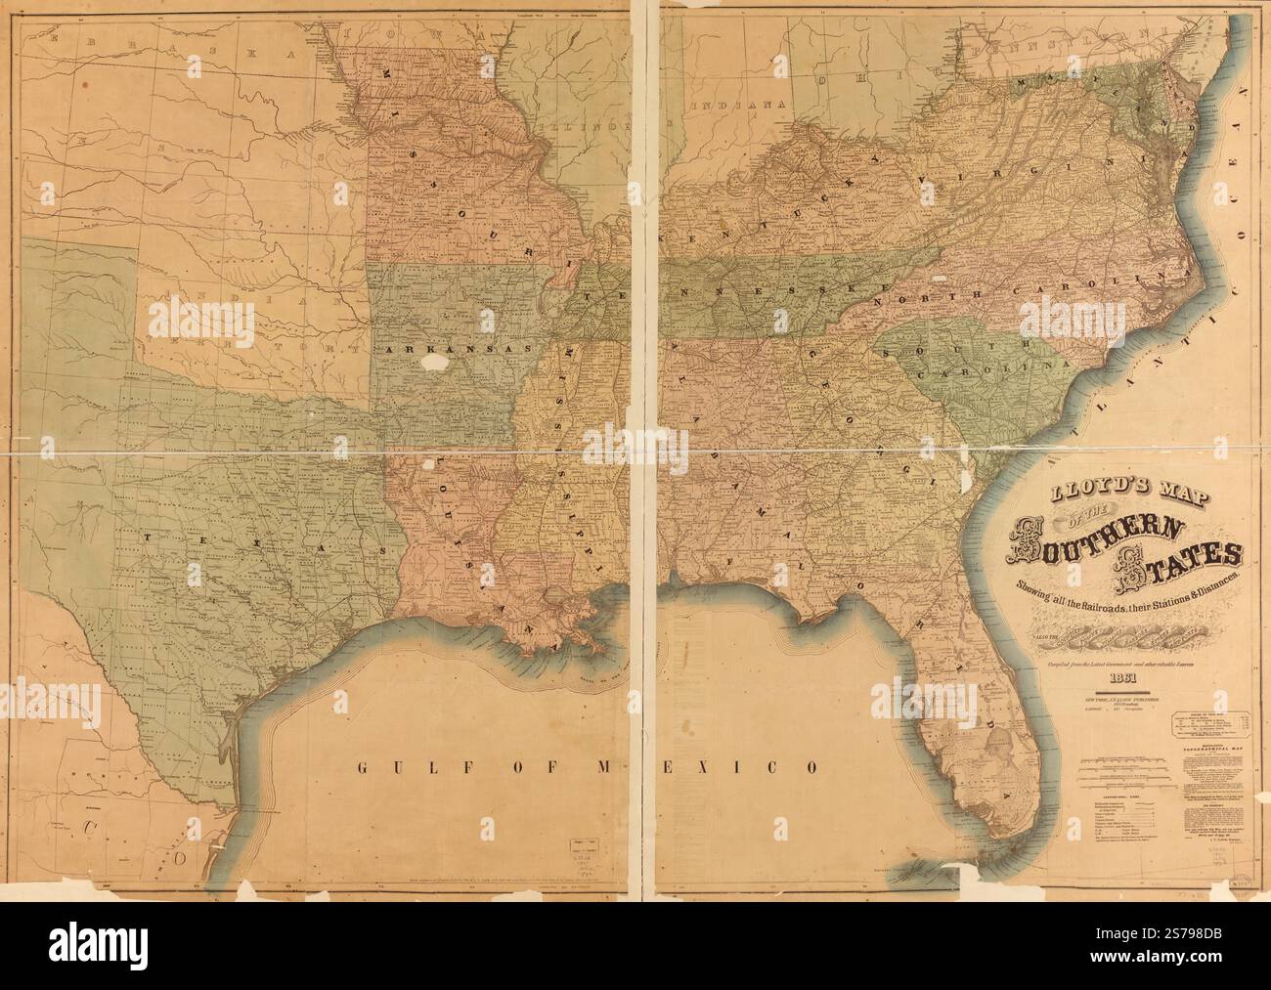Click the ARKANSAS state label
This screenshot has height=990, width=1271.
point(436,348)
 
